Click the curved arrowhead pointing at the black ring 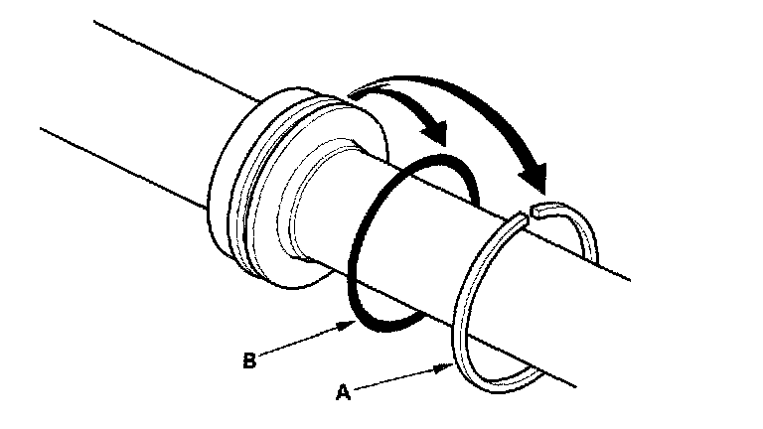(434, 128)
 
